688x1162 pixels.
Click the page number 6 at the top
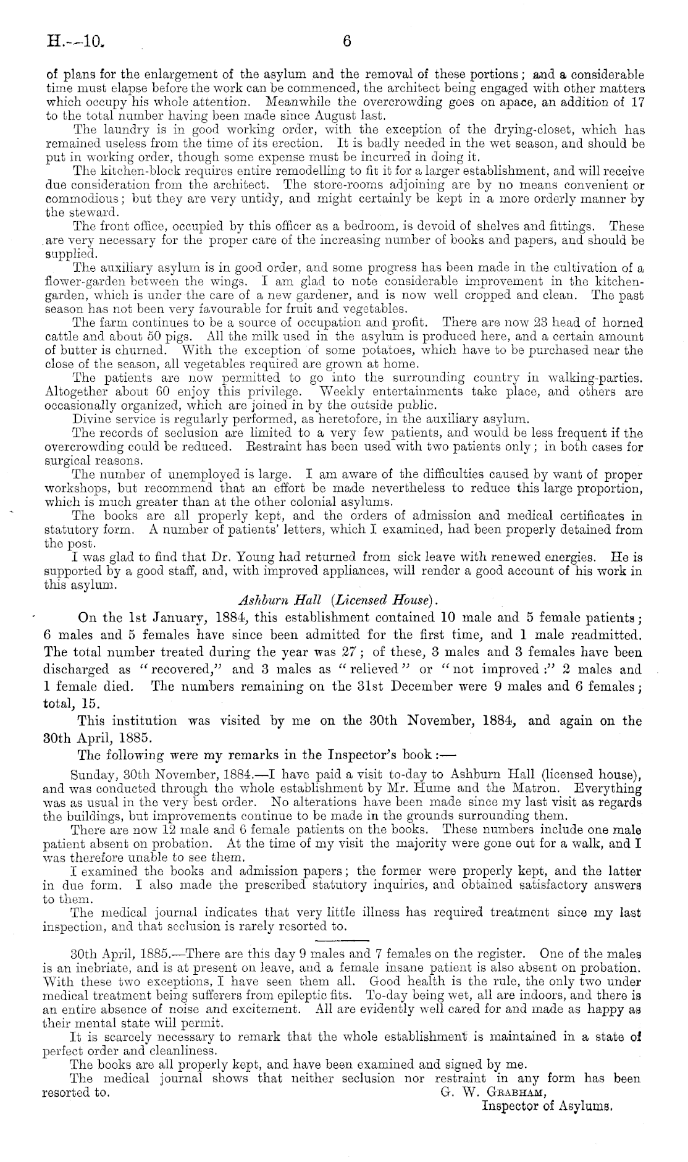click(x=346, y=42)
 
